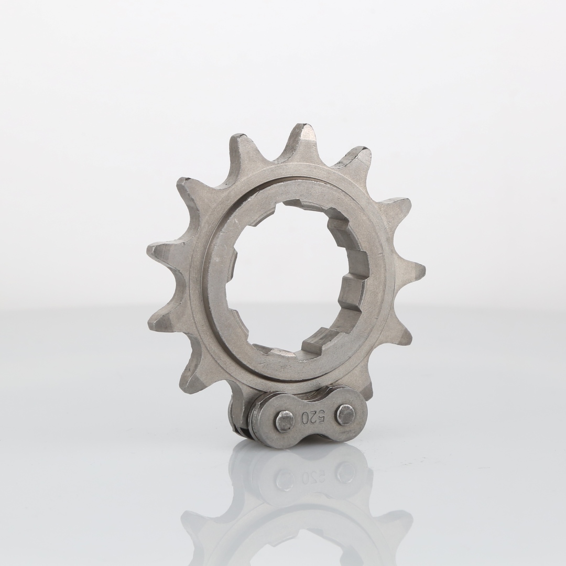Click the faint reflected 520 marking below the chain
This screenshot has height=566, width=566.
click(x=313, y=476)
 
